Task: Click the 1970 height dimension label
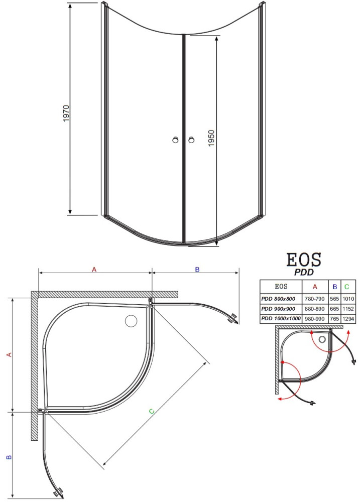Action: [x=66, y=113]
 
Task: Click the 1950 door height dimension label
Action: [x=211, y=138]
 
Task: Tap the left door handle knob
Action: [x=175, y=140]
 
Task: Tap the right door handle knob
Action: [x=191, y=140]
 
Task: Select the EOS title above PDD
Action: [x=303, y=260]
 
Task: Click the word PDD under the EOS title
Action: [x=304, y=272]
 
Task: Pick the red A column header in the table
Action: [x=315, y=287]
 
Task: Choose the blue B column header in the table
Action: [x=335, y=287]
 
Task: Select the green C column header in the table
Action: [x=347, y=287]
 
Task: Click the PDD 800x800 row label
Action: [x=278, y=299]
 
